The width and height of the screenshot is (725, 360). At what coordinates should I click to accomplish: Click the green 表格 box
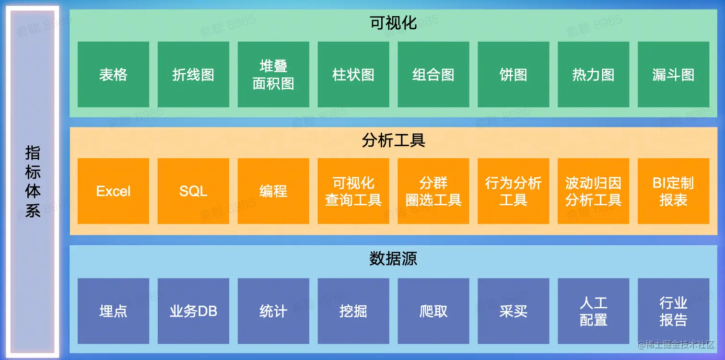coord(113,75)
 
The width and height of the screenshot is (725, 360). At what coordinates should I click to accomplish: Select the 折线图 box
coord(193,75)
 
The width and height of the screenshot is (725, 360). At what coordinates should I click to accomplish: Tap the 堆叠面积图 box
coord(273,75)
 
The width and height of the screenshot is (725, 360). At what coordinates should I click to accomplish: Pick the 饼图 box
coord(513,75)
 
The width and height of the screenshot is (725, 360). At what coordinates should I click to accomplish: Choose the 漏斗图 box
coord(673,75)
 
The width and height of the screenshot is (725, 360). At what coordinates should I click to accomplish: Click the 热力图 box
coord(593,75)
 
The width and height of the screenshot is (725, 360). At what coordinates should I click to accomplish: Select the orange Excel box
coord(113,191)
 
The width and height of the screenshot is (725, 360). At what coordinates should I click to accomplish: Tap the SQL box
coord(193,191)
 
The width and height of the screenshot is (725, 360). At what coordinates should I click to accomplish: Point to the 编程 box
coord(273,191)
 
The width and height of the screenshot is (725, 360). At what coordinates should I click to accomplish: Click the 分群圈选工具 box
coord(433,191)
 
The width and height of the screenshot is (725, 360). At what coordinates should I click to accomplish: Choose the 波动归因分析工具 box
coord(593,191)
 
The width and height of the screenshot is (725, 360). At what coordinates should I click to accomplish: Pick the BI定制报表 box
coord(673,191)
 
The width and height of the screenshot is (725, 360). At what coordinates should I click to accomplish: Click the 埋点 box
coord(113,311)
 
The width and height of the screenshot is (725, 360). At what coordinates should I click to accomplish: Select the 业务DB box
coord(193,311)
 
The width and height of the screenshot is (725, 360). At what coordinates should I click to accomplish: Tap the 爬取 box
coord(433,311)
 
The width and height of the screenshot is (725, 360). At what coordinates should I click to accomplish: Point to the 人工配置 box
coord(593,311)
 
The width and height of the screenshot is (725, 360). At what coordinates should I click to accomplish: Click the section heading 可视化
coord(393,23)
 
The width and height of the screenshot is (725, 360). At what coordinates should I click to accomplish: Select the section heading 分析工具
coord(393,140)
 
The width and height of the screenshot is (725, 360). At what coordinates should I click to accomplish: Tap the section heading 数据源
coord(393,258)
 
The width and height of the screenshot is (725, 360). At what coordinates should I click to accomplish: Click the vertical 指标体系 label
coord(33,182)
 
